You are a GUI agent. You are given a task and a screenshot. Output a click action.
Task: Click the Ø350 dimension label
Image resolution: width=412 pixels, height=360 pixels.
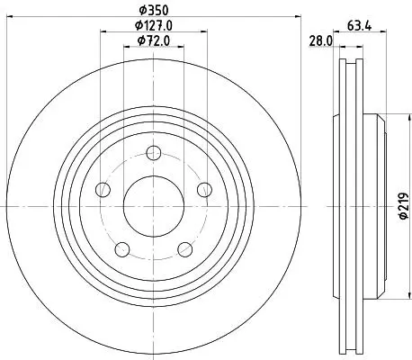pyautogui.click(x=154, y=10)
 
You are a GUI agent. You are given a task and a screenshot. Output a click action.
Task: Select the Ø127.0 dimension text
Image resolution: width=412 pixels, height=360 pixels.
pyautogui.click(x=154, y=25)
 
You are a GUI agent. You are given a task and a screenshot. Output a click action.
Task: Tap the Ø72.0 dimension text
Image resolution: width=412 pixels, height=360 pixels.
pyautogui.click(x=154, y=40)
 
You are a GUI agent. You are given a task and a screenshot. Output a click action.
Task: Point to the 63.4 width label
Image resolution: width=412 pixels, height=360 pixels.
pyautogui.click(x=359, y=26)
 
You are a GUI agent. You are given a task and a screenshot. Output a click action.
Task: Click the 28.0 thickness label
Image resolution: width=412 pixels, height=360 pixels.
pyautogui.click(x=320, y=41)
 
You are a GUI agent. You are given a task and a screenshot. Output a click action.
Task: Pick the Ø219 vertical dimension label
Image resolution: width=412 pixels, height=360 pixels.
pyautogui.click(x=404, y=205)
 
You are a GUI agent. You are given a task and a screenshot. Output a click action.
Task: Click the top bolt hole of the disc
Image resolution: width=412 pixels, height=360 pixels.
pyautogui.click(x=154, y=153)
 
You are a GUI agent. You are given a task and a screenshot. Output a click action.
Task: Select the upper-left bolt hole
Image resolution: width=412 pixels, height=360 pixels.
pyautogui.click(x=103, y=190)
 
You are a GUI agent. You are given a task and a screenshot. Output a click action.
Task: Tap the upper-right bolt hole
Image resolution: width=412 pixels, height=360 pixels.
pyautogui.click(x=204, y=190)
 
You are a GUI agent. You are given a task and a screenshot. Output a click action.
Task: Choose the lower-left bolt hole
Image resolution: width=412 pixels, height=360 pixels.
pyautogui.click(x=122, y=249)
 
